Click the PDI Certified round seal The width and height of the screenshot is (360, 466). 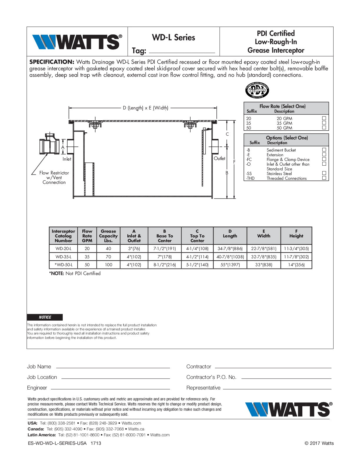[257, 90]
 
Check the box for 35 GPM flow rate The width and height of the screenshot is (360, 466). [324, 123]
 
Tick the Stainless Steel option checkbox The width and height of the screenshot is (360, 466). [324, 173]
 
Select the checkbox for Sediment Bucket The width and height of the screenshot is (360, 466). [324, 150]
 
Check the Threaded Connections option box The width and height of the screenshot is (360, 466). [324, 178]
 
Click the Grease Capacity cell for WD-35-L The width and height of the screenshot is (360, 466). [108, 257]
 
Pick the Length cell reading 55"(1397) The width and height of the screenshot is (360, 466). [230, 264]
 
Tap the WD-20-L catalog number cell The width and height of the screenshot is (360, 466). [63, 249]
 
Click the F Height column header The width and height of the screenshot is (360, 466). [296, 235]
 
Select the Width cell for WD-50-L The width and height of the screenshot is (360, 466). [264, 264]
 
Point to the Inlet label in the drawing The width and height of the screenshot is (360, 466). [67, 159]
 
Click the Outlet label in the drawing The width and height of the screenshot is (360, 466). [219, 158]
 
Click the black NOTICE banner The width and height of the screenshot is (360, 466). [45, 317]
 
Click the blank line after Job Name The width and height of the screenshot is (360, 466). [113, 367]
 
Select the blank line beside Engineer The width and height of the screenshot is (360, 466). [111, 389]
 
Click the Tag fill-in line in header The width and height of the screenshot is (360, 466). [182, 52]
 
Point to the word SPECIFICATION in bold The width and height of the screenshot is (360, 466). [51, 62]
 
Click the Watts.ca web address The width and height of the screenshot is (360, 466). [136, 429]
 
